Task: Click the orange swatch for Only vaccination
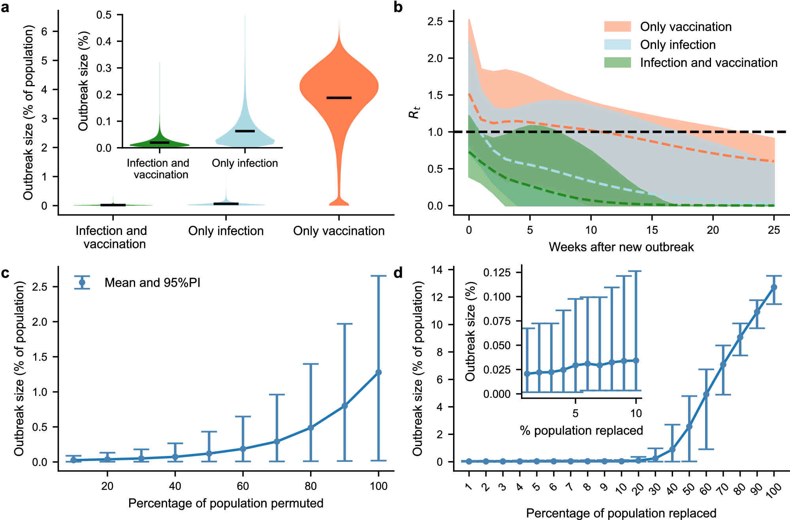(617, 26)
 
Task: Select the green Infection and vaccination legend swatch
(617, 62)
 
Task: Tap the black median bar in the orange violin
(339, 98)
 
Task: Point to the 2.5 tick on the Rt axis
(435, 21)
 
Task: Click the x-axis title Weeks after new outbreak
(621, 247)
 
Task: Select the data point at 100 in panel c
(378, 373)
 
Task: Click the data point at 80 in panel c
(310, 428)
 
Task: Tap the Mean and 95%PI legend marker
(82, 283)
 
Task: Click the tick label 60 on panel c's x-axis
(243, 486)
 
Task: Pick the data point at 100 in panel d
(774, 287)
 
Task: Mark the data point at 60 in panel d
(706, 394)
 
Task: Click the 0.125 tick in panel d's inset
(497, 272)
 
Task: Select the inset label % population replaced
(581, 430)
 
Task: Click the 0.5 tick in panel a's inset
(104, 15)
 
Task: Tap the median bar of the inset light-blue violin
(245, 131)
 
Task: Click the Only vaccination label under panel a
(339, 231)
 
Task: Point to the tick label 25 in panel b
(774, 230)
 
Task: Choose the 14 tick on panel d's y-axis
(437, 270)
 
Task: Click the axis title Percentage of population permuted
(226, 503)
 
